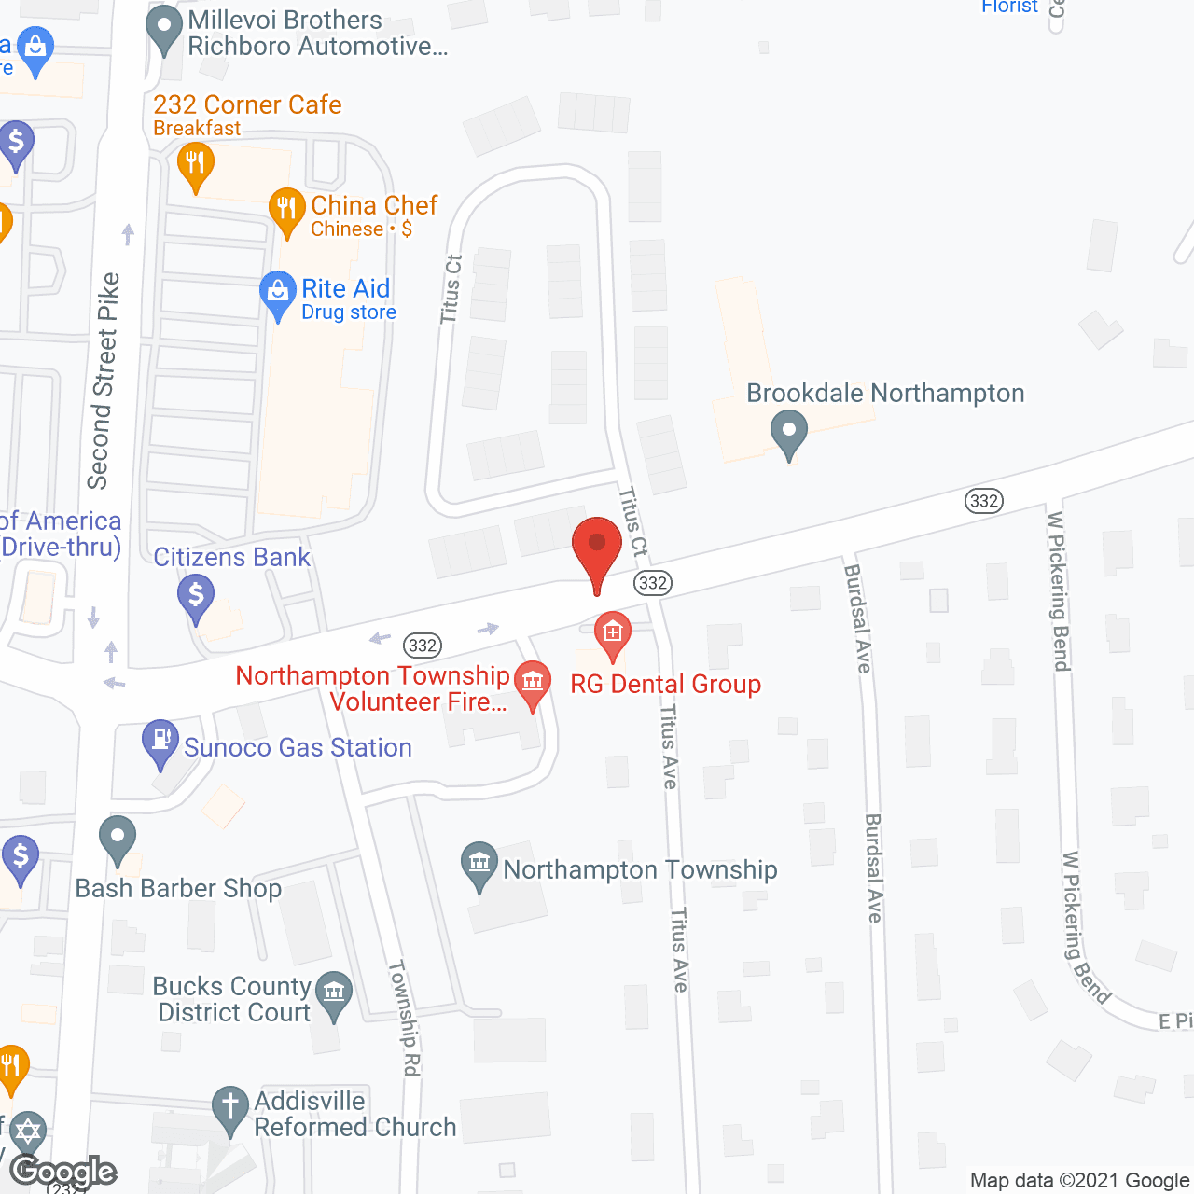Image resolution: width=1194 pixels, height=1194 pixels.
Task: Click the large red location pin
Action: coord(597,549)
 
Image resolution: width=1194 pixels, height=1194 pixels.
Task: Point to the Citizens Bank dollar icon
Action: coord(196,594)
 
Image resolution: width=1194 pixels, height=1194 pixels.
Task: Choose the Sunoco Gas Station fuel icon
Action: coord(160,741)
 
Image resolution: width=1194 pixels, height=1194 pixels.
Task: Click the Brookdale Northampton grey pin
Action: coord(789,432)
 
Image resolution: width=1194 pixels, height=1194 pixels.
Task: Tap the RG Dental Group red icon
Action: coord(613,633)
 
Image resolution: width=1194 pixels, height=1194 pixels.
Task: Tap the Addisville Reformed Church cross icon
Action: coord(229,1107)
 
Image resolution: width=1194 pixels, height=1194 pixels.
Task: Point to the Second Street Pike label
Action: coord(104,381)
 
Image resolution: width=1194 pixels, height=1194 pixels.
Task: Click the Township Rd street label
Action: coord(404,1018)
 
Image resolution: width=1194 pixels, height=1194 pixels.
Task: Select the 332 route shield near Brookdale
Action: coord(984,501)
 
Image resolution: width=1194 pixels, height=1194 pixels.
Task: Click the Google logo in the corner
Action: coord(62,1172)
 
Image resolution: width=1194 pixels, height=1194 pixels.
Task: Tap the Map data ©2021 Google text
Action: coord(1079,1180)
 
